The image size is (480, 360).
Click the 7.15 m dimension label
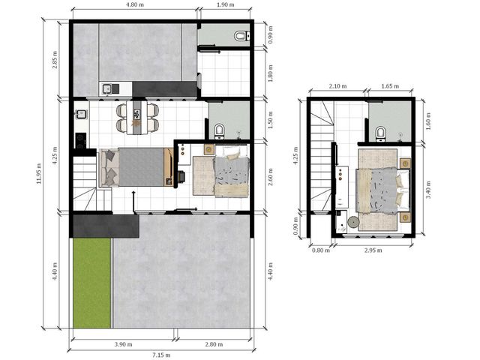tap(161, 355)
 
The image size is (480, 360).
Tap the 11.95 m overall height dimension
tap(38, 173)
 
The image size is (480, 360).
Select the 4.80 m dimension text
tap(135, 4)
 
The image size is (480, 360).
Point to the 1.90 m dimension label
tap(225, 4)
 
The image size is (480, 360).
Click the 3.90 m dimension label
tap(123, 344)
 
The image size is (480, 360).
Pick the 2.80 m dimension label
tap(214, 344)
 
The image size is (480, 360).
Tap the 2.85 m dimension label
tap(55, 60)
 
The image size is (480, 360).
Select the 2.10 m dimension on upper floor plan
tap(337, 86)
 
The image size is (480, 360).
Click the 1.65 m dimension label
tap(390, 86)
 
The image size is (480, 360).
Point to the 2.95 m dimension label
tap(373, 250)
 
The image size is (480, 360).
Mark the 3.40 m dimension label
tap(428, 190)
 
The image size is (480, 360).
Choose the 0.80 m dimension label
tap(321, 250)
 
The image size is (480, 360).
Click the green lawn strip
tap(91, 283)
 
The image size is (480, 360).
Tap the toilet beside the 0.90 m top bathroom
tap(241, 36)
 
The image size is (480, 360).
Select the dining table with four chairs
tap(137, 117)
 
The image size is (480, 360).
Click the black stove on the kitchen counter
tap(81, 140)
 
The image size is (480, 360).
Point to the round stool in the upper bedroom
tap(353, 222)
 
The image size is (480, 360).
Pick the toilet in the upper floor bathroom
tap(380, 134)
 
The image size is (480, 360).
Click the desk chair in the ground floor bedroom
tap(181, 176)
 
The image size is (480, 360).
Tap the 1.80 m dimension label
tap(270, 73)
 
